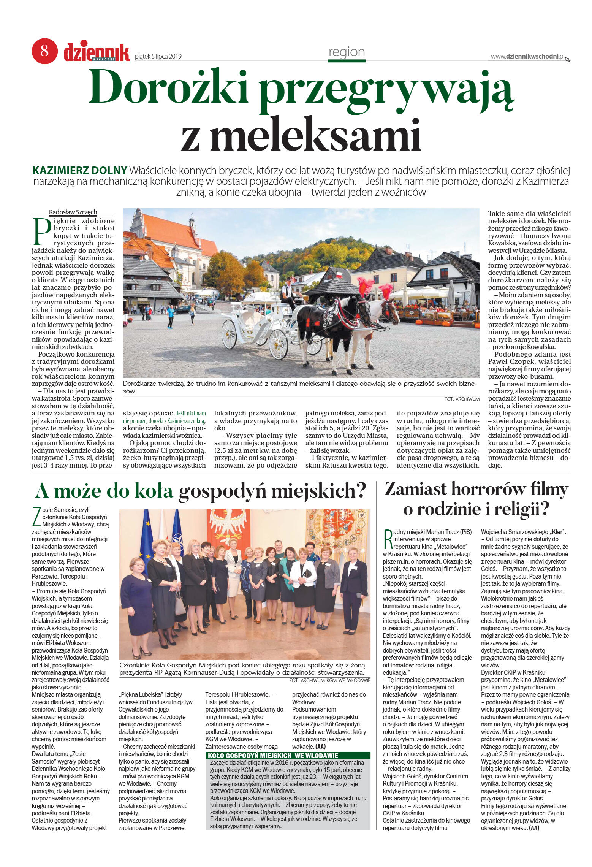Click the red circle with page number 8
pyautogui.click(x=44, y=51)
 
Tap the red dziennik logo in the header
pyautogui.click(x=96, y=52)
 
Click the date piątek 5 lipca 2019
pyautogui.click(x=158, y=57)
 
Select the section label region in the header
pyautogui.click(x=346, y=52)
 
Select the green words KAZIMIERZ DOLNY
pyautogui.click(x=80, y=170)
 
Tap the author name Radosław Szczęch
pyautogui.click(x=73, y=212)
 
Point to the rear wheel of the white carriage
pyautogui.click(x=229, y=334)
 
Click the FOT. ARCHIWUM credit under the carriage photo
pyautogui.click(x=461, y=399)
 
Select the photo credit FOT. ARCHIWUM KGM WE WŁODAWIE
pyautogui.click(x=329, y=680)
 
